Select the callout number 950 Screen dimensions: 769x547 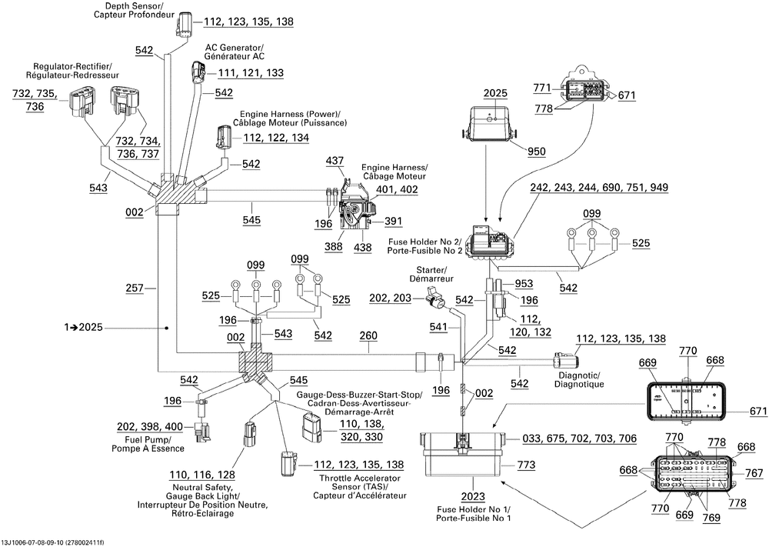tap(536, 152)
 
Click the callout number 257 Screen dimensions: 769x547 tap(135, 288)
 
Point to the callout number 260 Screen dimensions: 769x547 tap(368, 335)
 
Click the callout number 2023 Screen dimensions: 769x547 tap(473, 497)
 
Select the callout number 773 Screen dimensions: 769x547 tap(526, 465)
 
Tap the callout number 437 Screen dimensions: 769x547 tap(335, 161)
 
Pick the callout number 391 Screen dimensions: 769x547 tap(393, 222)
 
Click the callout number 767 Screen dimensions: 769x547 tap(754, 472)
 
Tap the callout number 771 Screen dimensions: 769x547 tap(542, 88)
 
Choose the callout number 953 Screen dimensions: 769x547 tap(524, 284)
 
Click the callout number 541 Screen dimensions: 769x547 tap(439, 326)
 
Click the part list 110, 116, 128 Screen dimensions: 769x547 tap(202, 475)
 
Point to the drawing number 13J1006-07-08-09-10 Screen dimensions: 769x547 tap(35, 542)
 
